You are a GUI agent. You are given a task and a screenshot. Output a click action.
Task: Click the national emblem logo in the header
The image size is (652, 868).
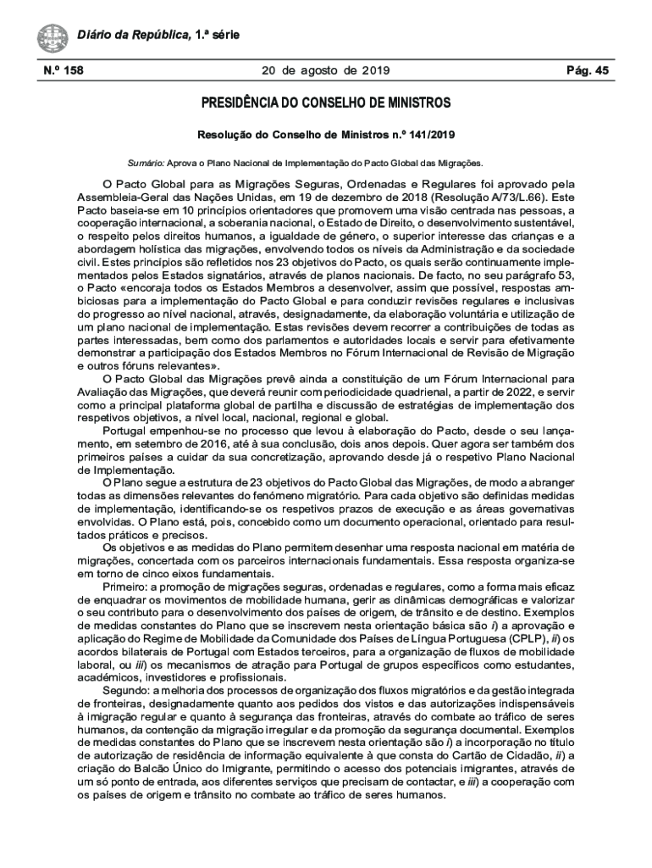pos(52,38)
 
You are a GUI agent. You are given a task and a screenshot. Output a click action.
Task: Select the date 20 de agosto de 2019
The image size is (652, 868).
pos(320,71)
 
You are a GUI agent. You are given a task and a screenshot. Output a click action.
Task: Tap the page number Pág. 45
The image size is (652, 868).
pos(588,71)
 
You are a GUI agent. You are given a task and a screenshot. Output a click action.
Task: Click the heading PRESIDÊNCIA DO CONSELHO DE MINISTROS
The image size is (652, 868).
pos(326,103)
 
